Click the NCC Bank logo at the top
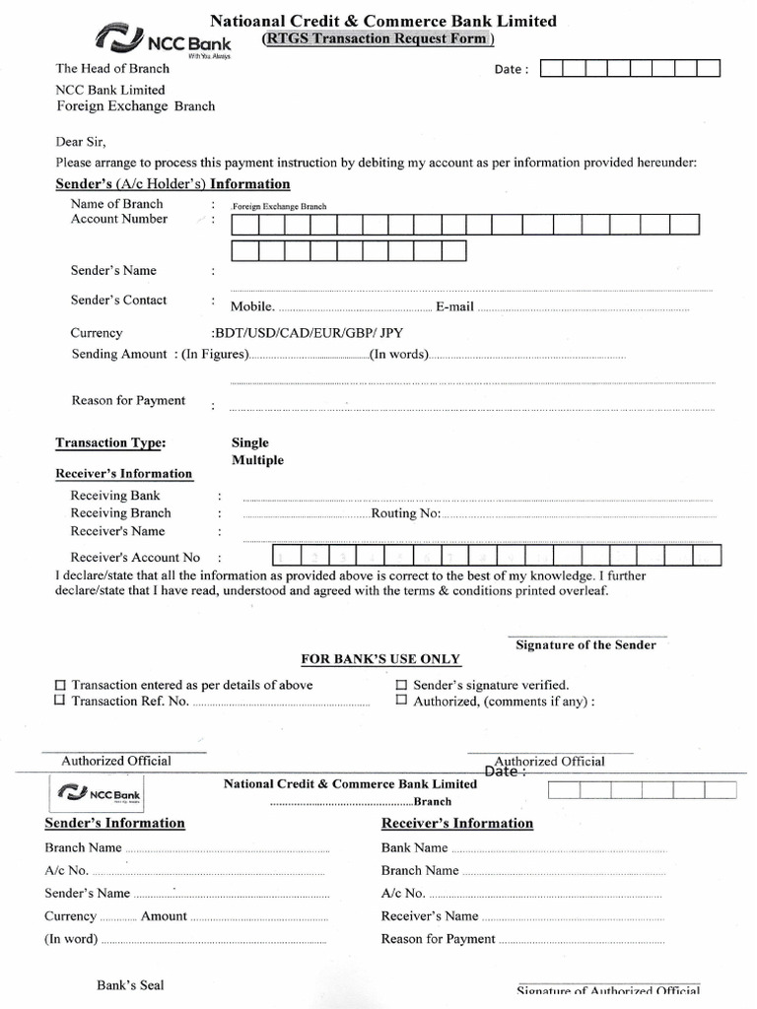pos(163,41)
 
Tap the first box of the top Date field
pos(552,68)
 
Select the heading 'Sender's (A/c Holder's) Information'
pos(172,184)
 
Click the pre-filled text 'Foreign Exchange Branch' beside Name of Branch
pos(279,207)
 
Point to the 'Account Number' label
pos(119,219)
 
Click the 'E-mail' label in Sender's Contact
pos(454,306)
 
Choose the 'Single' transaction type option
pos(250,442)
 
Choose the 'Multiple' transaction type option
pos(257,460)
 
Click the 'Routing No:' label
pos(405,513)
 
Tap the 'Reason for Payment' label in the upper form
pos(128,400)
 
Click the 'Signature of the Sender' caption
pos(585,644)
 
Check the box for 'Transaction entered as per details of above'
pos(60,685)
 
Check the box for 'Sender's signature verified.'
pos(401,685)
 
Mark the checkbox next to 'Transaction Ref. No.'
pos(60,701)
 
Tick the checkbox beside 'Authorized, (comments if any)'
pos(401,701)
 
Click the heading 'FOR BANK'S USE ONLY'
pos(380,659)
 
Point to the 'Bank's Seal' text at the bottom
pos(130,984)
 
